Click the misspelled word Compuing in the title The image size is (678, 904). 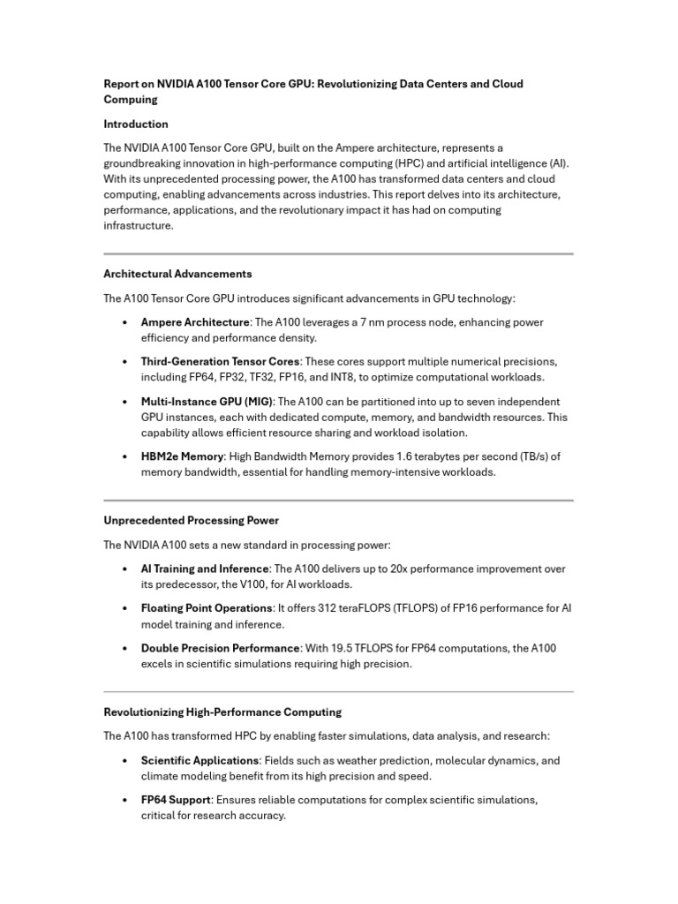point(130,100)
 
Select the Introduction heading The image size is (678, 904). point(136,124)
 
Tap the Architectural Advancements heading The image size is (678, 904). point(177,274)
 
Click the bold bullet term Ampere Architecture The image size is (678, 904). point(195,322)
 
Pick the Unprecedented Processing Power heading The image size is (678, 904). point(192,520)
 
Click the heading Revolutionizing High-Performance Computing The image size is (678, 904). point(222,712)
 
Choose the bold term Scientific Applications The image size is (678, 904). point(200,760)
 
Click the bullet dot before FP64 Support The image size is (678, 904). point(125,801)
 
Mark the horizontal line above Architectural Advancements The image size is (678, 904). point(338,254)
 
